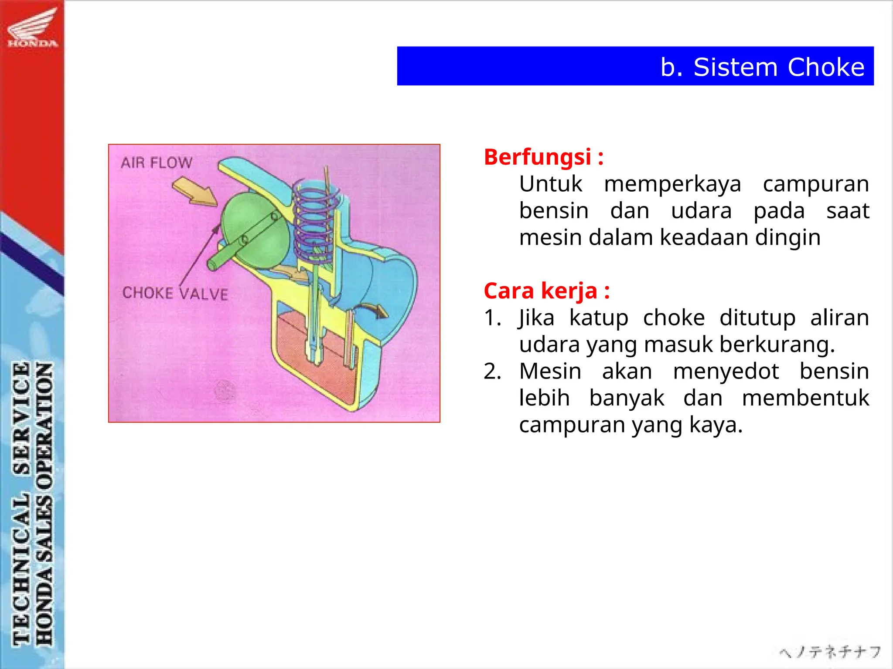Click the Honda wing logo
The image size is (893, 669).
pos(33,27)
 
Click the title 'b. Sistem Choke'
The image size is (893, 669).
pos(762,67)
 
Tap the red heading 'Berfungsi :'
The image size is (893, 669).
pos(543,157)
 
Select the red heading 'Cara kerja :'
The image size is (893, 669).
pos(546,291)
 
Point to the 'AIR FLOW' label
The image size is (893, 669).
pos(156,163)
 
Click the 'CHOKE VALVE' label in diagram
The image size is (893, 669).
pos(175,293)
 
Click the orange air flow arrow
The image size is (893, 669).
pos(194,191)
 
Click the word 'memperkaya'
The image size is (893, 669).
pos(672,184)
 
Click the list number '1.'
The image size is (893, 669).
pos(492,318)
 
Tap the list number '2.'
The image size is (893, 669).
pos(492,372)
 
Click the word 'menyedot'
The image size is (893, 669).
pos(726,372)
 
